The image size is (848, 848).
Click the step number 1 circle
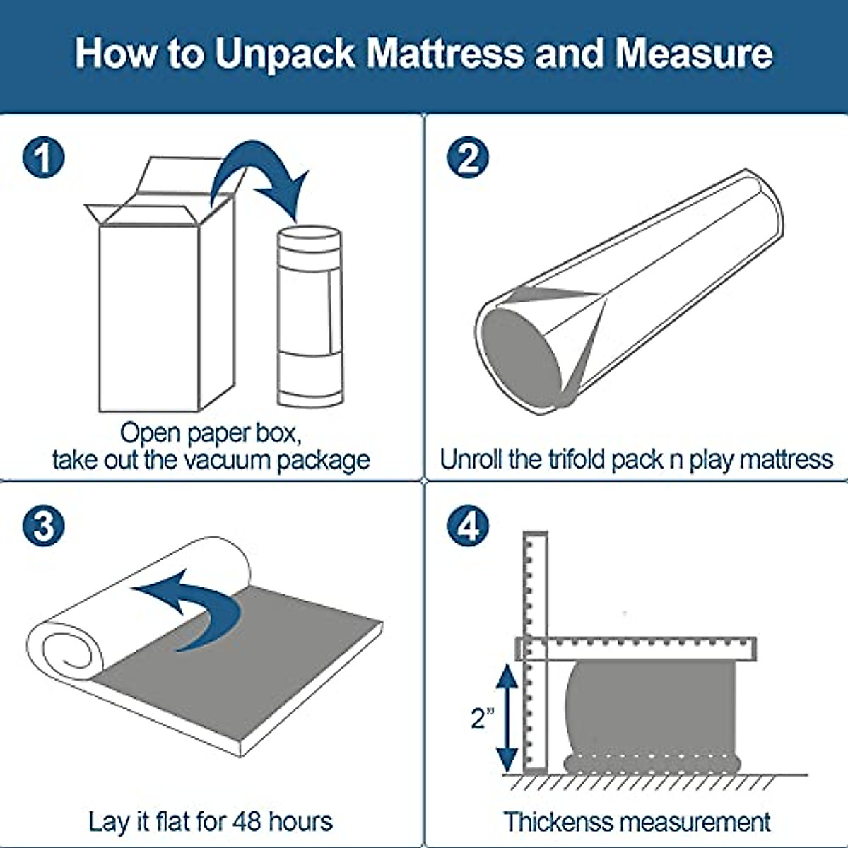point(44,157)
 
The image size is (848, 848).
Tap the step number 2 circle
point(468,157)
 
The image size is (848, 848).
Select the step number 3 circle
point(44,526)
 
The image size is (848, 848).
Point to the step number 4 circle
point(468,526)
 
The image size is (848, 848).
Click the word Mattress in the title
point(447,54)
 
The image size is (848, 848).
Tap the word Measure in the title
point(693,54)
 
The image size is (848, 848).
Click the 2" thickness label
point(482,718)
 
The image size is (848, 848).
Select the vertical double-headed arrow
point(507,718)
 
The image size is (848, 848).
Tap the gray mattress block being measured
point(650,710)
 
